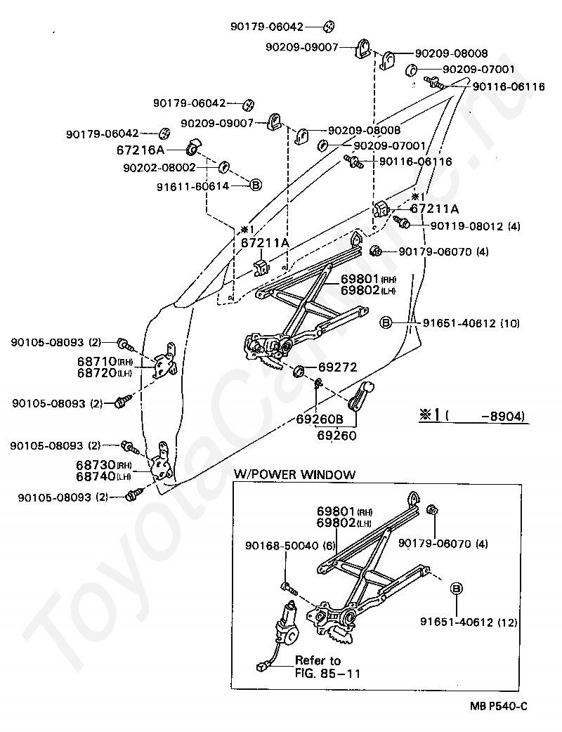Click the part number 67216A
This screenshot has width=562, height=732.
coord(140,150)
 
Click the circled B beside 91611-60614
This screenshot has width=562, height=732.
coord(256,185)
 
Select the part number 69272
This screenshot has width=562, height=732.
coord(337,367)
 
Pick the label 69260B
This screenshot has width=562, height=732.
coord(320,419)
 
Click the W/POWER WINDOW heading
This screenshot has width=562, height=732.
coord(294,475)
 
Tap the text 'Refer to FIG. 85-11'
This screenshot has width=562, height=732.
coord(327,666)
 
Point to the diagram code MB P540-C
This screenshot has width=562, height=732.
coord(499,706)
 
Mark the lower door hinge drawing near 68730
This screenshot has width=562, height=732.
coord(163,464)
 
